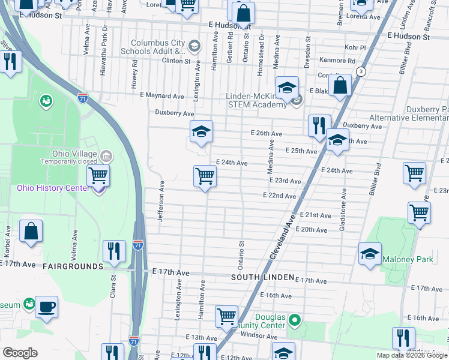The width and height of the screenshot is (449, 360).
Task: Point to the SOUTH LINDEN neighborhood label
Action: point(263,277)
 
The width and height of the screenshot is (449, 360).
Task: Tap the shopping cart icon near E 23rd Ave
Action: point(205,177)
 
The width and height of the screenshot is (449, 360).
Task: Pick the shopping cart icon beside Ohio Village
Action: point(98,176)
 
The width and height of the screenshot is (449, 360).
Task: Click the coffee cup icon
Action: point(46,307)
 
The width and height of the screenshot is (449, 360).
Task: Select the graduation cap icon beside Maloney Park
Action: point(370,253)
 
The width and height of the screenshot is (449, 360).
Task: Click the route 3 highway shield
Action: point(361,71)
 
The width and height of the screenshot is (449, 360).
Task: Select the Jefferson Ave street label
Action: point(161,202)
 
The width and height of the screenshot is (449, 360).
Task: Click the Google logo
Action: point(20,353)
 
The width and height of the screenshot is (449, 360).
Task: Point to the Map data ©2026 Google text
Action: point(412,355)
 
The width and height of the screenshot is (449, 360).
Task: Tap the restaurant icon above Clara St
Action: point(113,251)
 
